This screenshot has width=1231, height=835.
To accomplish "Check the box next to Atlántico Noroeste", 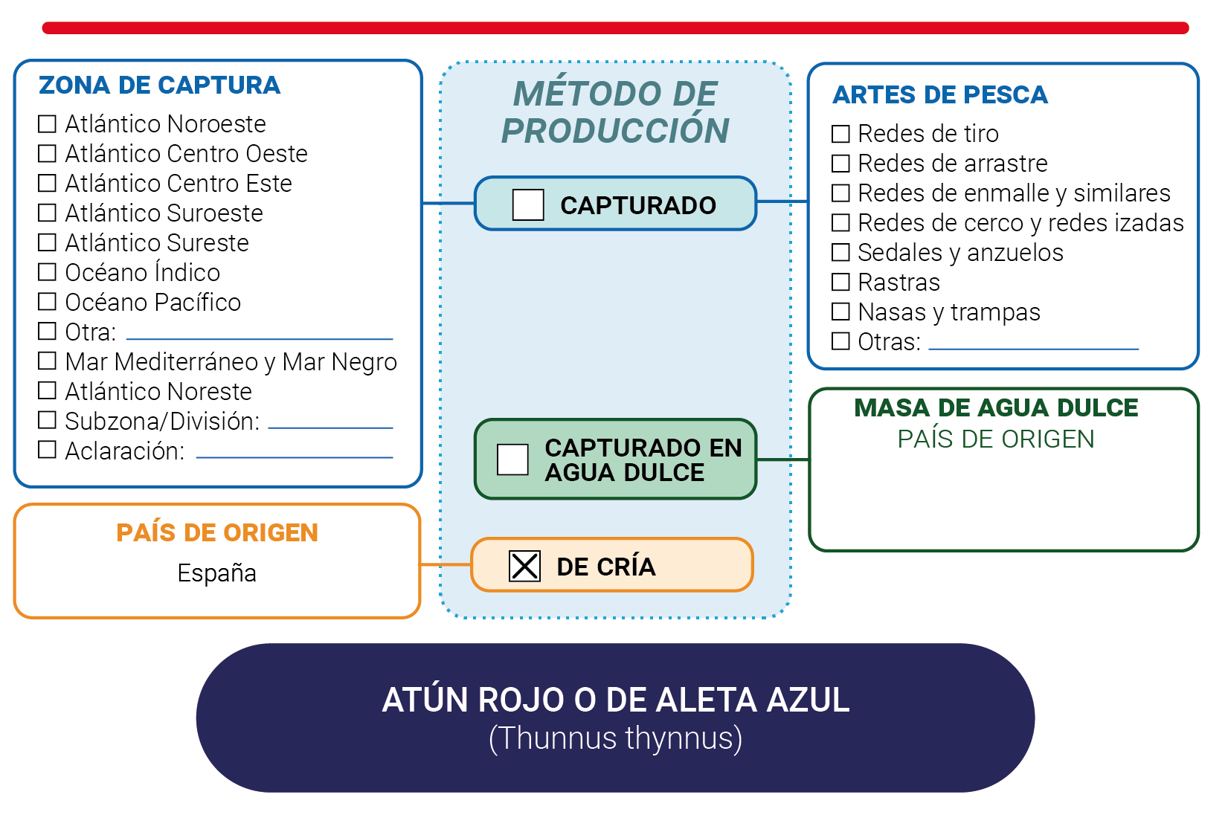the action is coord(47,123).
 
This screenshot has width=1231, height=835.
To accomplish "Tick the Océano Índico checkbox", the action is coord(47,272).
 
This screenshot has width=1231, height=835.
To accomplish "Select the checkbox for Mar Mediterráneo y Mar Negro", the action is coord(47,361).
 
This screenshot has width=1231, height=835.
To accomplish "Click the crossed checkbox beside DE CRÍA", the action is coord(524,566).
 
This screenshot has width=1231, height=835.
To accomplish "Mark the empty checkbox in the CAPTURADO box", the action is coord(528,205).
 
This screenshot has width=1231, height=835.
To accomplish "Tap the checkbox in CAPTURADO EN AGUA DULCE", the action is coord(512,460).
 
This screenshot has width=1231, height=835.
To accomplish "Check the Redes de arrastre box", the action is coord(841,163).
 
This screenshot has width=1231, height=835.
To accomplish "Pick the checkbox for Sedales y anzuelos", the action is coord(841,252).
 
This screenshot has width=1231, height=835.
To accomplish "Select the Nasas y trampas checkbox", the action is coord(841,312).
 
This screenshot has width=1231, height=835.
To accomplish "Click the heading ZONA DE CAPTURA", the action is coord(159,86).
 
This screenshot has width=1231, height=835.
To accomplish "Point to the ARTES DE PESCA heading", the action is coord(939,94).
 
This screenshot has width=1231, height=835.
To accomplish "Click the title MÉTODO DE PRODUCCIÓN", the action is coord(615,112).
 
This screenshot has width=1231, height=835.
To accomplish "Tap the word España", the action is coord(216,573).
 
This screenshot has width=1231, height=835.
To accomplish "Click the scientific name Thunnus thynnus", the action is coord(616,738).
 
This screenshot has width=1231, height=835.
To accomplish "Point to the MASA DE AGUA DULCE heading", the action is coord(996,407).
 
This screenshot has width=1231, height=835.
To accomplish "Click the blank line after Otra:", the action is coord(260,339).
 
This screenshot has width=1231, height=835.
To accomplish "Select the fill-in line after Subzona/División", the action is coord(330,428).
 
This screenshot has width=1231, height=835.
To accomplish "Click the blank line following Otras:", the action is coord(1033,349).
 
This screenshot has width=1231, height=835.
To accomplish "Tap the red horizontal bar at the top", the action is coord(616,28).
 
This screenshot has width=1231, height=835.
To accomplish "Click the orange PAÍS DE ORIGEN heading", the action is coord(217,532).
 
